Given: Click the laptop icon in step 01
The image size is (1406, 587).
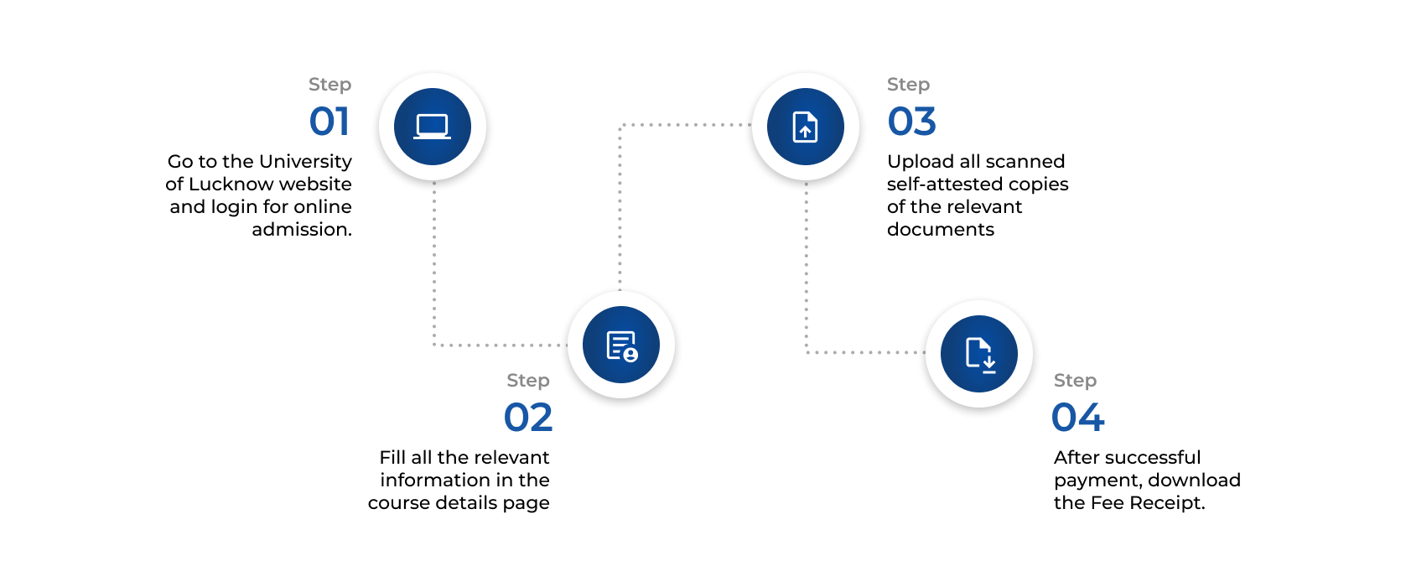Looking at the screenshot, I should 433,127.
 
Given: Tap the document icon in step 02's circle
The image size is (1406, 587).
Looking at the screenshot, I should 621,345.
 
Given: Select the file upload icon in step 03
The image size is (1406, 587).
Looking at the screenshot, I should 805,127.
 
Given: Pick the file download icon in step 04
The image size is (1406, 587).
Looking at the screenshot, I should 978,353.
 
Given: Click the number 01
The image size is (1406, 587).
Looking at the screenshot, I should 329,122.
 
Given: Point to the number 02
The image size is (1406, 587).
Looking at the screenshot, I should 528,418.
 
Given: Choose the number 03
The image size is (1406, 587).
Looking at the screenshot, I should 911,122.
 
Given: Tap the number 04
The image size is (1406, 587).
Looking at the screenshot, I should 1077,418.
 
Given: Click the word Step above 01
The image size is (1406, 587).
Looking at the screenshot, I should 329,85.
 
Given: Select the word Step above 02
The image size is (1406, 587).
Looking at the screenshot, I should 528,381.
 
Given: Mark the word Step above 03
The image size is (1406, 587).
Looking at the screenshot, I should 908,85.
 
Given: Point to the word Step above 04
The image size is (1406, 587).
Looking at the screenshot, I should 1075,381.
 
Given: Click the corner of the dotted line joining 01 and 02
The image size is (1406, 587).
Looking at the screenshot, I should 434,345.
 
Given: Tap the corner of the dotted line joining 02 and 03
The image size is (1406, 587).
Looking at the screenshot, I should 620,125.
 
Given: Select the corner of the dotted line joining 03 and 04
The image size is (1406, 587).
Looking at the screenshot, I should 807,352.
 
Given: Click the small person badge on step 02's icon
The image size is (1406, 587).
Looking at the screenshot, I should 630,355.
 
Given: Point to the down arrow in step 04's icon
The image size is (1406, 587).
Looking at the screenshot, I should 989,363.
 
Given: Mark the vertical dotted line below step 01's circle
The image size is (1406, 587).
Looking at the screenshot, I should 434,260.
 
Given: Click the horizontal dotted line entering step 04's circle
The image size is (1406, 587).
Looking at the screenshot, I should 864,352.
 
